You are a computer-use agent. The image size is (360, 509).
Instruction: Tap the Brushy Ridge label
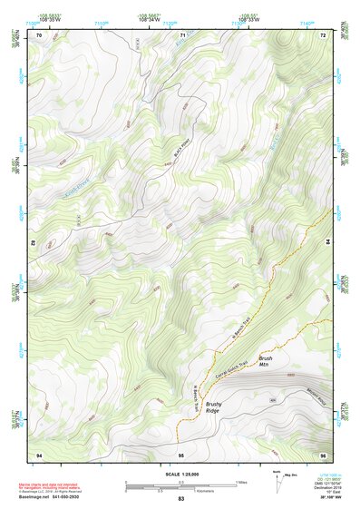pyautogui.click(x=212, y=407)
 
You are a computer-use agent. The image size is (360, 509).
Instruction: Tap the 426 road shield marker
pyautogui.click(x=272, y=400)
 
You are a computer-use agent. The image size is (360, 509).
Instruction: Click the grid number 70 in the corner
pyautogui.click(x=39, y=34)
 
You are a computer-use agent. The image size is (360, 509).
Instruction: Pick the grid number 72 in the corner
pyautogui.click(x=322, y=34)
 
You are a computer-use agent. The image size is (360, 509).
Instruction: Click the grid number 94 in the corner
pyautogui.click(x=39, y=453)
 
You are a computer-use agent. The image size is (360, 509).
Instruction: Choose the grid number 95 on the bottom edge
pyautogui.click(x=181, y=453)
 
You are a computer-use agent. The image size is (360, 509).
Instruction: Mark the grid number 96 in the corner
pyautogui.click(x=322, y=453)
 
